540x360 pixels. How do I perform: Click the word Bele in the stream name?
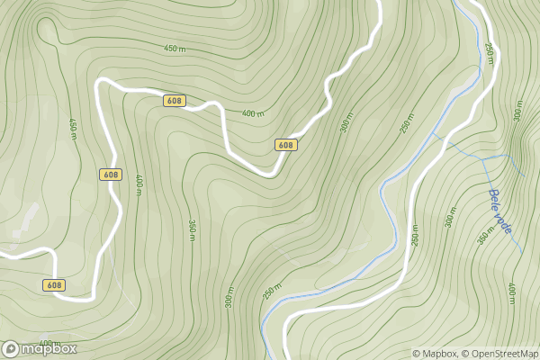(x=494, y=199)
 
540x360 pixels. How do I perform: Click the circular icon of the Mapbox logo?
(x=11, y=348)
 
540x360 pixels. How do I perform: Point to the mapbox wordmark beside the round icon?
(x=49, y=348)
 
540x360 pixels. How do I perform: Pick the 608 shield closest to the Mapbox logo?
(x=53, y=284)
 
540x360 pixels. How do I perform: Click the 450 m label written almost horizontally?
(x=175, y=48)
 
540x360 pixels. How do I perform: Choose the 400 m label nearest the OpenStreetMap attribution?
(x=512, y=293)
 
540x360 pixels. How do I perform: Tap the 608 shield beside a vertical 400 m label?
(x=111, y=174)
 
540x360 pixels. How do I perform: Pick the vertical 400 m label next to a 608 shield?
(x=139, y=182)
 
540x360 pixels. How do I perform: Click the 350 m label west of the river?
(x=192, y=229)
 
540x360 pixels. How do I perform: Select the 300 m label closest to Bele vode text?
(x=451, y=216)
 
